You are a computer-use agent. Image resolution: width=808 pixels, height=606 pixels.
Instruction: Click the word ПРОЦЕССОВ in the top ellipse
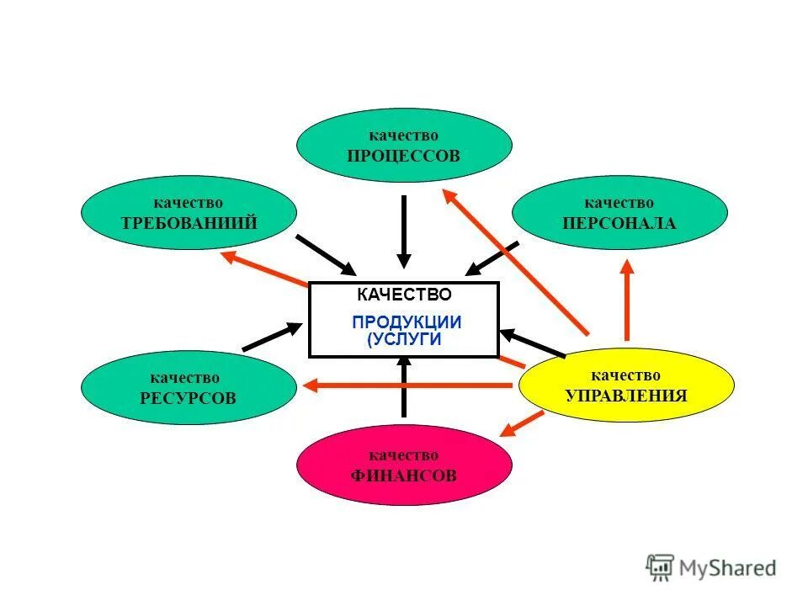404,156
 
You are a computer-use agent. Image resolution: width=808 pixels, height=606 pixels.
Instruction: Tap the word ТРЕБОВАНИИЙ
189,223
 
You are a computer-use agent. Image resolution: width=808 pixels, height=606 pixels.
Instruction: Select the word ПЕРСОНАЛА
619,223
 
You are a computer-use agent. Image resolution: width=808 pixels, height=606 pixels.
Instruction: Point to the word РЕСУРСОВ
189,398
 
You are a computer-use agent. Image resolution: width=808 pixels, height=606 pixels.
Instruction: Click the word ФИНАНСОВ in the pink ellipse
404,476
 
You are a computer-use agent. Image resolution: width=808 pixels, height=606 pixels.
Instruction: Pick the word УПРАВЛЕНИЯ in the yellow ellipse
626,395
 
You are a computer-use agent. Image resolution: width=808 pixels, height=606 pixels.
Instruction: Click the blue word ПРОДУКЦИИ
407,322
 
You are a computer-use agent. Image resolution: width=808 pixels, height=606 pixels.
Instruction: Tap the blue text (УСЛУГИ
404,338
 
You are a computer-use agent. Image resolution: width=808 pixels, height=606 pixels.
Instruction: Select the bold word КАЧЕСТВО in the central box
404,295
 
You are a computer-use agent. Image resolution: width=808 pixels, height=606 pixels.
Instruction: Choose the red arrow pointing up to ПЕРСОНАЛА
626,299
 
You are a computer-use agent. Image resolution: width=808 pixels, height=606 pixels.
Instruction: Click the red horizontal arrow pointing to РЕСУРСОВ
408,385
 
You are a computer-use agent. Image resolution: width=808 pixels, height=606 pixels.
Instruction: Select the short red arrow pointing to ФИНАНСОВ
522,423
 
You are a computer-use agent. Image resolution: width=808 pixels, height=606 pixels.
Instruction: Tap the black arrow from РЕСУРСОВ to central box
271,336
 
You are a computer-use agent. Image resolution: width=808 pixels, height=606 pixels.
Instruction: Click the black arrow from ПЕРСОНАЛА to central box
493,258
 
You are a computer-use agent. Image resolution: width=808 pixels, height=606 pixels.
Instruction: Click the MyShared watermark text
728,568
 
